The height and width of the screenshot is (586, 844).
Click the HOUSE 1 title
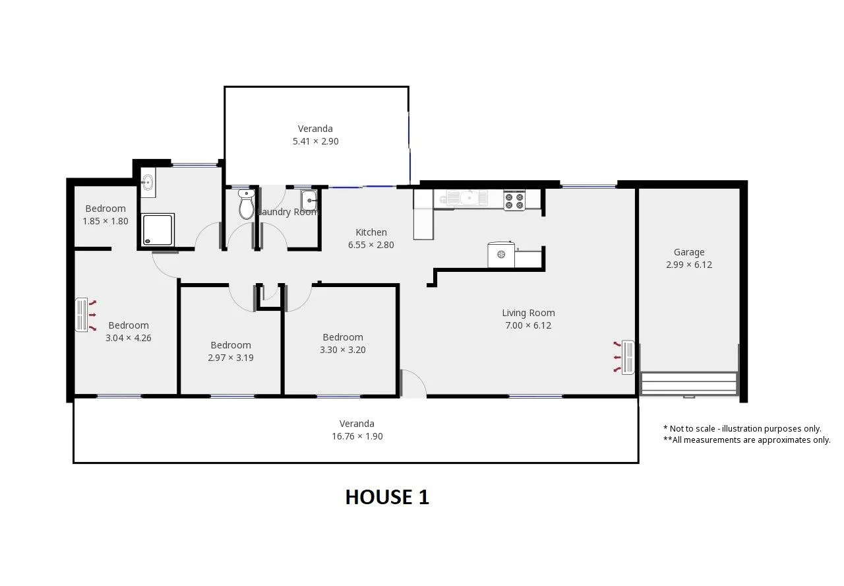[x=387, y=497]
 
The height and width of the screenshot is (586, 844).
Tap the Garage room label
[x=689, y=252]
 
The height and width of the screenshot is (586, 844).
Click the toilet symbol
[x=246, y=205]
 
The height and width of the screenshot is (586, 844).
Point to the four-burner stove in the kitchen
[x=514, y=200]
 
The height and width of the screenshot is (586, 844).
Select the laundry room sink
[x=309, y=200]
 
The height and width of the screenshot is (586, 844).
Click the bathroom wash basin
[x=148, y=182]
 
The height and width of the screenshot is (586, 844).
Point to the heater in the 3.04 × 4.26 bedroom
[x=82, y=315]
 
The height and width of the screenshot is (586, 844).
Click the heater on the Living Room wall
[x=628, y=358]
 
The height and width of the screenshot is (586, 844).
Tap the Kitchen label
[x=371, y=232]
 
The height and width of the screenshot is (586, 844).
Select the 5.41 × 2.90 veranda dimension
[x=316, y=141]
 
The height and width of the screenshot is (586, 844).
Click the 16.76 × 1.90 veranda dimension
[x=357, y=436]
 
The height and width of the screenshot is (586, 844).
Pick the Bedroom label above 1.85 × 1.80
[x=105, y=209]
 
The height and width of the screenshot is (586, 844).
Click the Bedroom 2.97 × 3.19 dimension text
[x=231, y=358]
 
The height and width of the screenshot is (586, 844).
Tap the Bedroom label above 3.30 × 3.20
[x=343, y=337]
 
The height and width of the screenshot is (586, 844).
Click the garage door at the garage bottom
[x=689, y=384]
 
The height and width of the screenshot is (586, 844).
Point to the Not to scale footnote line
[x=742, y=429]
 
